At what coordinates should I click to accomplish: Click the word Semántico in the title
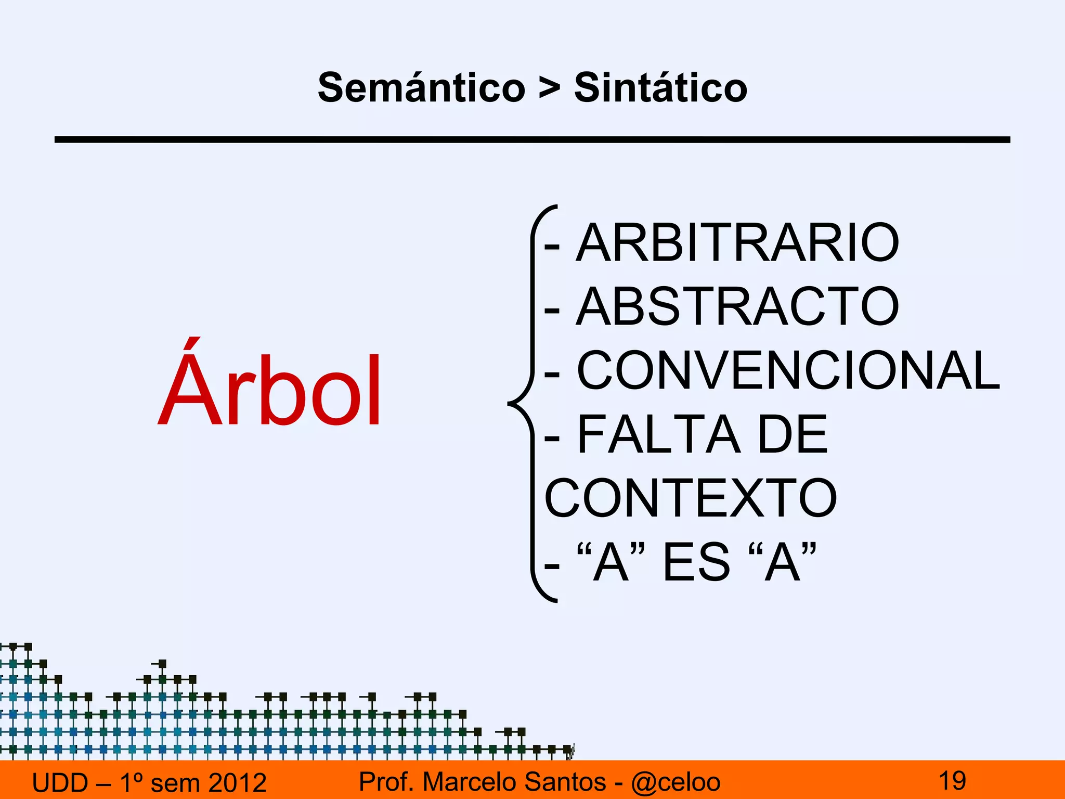click(x=422, y=87)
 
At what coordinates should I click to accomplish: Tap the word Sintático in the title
click(x=660, y=87)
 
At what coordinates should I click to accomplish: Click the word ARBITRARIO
click(x=737, y=243)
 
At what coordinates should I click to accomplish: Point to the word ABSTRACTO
click(x=737, y=307)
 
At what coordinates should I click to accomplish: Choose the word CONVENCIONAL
click(x=788, y=370)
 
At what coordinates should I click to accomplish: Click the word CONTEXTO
click(x=691, y=498)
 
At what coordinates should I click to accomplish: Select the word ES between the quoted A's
click(x=697, y=562)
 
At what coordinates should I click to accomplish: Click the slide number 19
click(x=952, y=781)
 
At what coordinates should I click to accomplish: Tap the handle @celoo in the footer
click(x=676, y=782)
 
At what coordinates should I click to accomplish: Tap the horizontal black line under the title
click(x=532, y=139)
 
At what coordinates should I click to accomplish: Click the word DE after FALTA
click(x=792, y=434)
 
